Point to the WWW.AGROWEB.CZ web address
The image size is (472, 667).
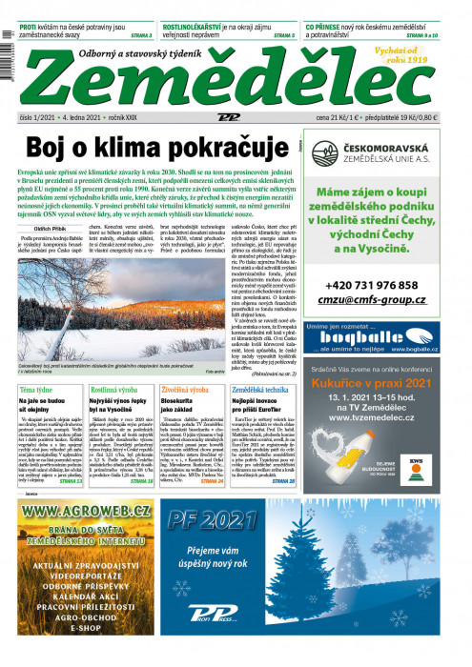click(86, 512)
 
